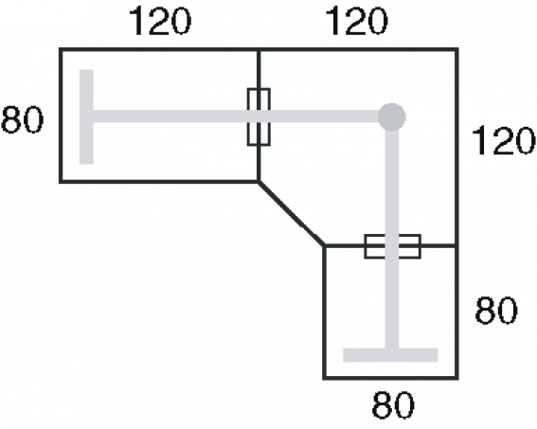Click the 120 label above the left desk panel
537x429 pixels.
pyautogui.click(x=160, y=22)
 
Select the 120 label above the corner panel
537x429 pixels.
pyautogui.click(x=356, y=22)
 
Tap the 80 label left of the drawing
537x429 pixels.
pyautogui.click(x=23, y=120)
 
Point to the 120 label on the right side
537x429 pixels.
pyautogui.click(x=503, y=140)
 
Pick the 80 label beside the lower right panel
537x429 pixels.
pyautogui.click(x=496, y=311)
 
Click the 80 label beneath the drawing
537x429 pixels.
pyautogui.click(x=393, y=405)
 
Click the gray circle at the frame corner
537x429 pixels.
pyautogui.click(x=392, y=117)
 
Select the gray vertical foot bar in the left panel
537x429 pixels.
pyautogui.click(x=86, y=117)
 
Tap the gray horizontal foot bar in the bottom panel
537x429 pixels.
pyautogui.click(x=390, y=355)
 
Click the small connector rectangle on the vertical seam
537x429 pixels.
pyautogui.click(x=259, y=117)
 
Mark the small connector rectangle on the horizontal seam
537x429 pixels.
pyautogui.click(x=392, y=246)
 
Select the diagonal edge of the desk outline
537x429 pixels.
pyautogui.click(x=292, y=214)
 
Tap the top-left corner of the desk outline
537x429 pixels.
pyautogui.click(x=61, y=49)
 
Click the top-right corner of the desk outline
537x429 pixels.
pyautogui.click(x=456, y=49)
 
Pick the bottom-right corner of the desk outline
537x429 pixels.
pyautogui.click(x=456, y=378)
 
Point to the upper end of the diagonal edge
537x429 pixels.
pyautogui.click(x=259, y=182)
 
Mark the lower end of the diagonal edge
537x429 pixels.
pyautogui.click(x=325, y=246)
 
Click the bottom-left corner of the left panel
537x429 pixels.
pyautogui.click(x=61, y=182)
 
